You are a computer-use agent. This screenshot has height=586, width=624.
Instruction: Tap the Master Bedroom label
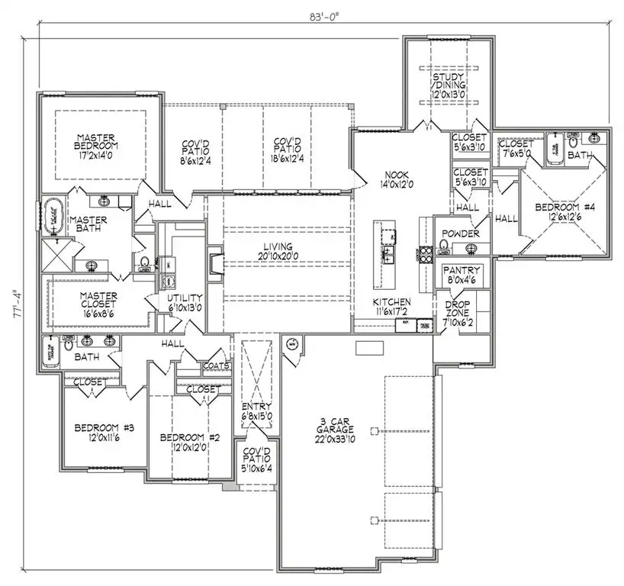click(x=97, y=145)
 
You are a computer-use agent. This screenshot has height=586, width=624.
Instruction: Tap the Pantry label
click(x=462, y=275)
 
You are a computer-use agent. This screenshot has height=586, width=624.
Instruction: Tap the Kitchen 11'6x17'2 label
click(x=391, y=307)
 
